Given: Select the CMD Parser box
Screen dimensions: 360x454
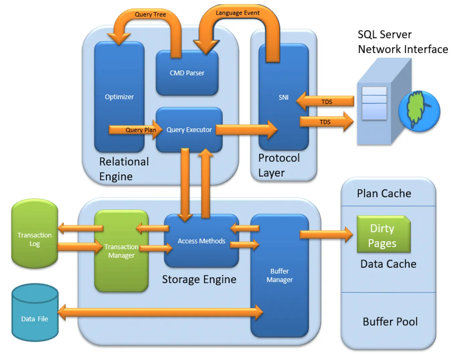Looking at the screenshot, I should click(187, 73).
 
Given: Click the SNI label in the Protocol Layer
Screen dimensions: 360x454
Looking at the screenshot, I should click(283, 97).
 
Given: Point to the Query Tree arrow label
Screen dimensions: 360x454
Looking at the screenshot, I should click(150, 14).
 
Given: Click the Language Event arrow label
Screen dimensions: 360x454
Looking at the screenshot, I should click(237, 13).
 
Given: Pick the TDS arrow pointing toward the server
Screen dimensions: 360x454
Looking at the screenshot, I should click(326, 122).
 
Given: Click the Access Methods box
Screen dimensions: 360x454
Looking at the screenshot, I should click(201, 241).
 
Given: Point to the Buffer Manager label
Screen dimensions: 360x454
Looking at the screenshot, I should click(279, 276).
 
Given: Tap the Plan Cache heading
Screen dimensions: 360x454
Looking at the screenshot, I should click(384, 193).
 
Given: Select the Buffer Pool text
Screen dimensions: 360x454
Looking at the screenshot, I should click(390, 322).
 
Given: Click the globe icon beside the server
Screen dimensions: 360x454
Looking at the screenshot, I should click(419, 111).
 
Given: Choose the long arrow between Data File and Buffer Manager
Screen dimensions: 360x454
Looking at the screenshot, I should click(160, 313).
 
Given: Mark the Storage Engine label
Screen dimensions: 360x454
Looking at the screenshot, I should click(199, 279).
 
